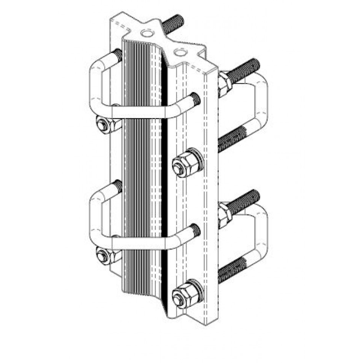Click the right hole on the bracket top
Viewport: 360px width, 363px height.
coord(180,50)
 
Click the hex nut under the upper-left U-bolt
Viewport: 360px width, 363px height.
coord(103,125)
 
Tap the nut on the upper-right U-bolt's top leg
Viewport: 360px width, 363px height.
coord(224,85)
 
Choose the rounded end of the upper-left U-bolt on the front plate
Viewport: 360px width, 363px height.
coord(195,98)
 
